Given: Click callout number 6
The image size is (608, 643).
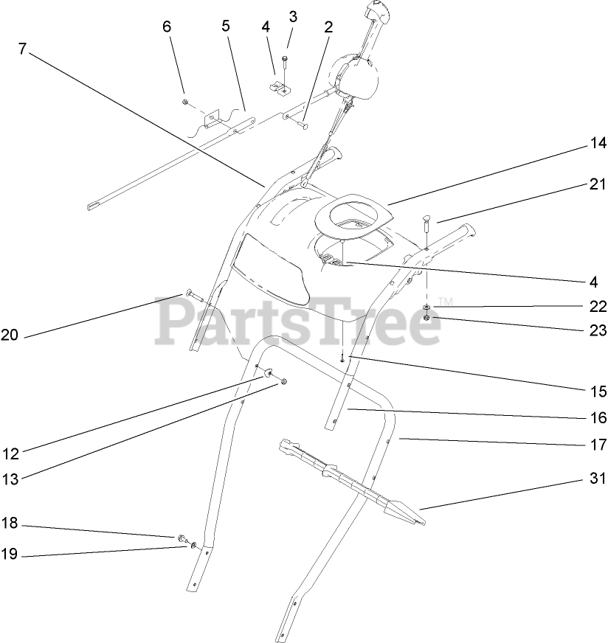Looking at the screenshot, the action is tap(166, 26).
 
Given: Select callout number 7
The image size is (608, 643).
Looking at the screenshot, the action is tap(22, 50).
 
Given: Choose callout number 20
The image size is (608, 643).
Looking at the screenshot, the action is tap(10, 336).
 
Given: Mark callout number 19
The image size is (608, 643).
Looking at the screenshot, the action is tap(10, 556).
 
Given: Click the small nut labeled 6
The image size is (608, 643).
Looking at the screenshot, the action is tap(185, 101).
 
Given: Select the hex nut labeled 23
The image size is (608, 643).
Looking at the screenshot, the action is tap(427, 319).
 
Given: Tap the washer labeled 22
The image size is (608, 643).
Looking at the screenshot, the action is tap(427, 307).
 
